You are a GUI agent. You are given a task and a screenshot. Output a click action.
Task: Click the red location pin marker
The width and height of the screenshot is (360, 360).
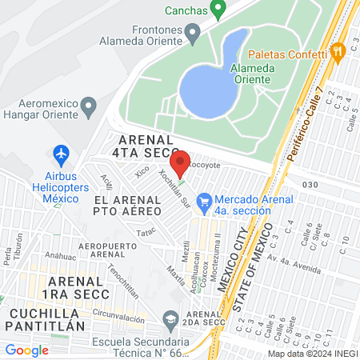point(180,162)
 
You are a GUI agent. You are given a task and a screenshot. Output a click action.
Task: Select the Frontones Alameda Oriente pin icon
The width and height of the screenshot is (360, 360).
point(192,33)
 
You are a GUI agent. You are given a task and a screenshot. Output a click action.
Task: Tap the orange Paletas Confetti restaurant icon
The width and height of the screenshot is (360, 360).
point(338,51)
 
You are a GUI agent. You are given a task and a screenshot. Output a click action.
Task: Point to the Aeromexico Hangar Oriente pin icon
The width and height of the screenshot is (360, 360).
point(90,106)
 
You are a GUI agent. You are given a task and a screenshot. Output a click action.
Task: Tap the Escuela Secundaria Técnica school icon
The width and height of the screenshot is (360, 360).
point(170,321)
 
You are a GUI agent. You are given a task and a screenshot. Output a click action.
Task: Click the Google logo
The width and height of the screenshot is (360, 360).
point(27,350)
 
